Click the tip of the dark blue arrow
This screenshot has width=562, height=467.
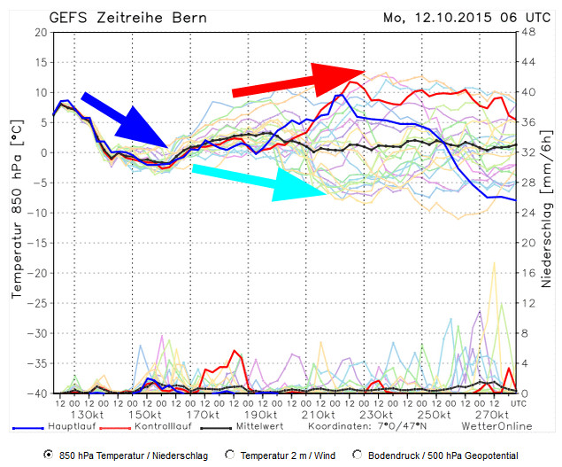tap(168, 146)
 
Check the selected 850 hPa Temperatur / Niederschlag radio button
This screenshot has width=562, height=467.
tap(48, 455)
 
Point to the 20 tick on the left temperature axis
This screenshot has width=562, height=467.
tap(40, 33)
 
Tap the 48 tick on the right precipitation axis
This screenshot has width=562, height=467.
tap(528, 33)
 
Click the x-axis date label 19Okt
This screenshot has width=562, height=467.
tap(261, 414)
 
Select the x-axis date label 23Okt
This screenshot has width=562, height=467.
tap(376, 414)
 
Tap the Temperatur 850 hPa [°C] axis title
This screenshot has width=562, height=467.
tap(15, 213)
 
